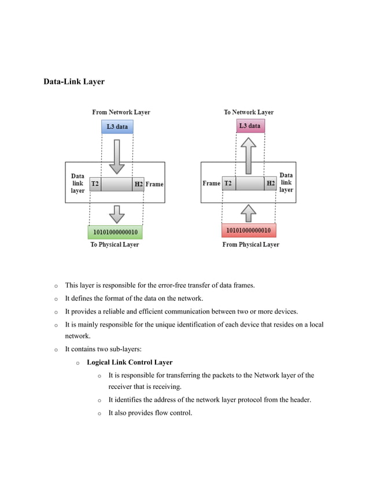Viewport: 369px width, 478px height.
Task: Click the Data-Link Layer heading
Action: point(74,82)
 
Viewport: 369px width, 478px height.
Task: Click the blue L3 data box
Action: point(117,126)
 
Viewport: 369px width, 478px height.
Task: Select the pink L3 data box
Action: point(250,126)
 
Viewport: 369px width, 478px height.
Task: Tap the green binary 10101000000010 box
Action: point(115,232)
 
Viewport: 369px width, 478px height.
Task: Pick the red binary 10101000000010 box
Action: point(248,230)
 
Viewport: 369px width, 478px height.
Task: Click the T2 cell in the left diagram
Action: point(95,184)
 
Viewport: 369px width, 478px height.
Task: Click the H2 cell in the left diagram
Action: point(138,184)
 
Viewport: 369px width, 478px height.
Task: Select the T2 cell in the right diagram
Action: point(228,183)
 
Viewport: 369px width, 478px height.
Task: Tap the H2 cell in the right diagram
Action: point(271,183)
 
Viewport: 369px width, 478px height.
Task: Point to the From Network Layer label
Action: point(121,112)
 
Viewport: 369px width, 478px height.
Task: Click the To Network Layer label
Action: point(249,112)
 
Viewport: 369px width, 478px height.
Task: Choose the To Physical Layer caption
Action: point(115,245)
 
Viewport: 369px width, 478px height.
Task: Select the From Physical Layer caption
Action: point(250,245)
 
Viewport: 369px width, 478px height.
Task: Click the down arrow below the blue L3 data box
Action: point(117,156)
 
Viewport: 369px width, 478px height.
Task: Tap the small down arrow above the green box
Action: point(117,214)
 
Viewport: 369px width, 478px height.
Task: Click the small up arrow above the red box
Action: point(248,212)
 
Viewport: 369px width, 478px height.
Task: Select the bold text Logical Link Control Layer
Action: point(130,362)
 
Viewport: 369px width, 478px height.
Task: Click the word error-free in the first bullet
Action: point(180,285)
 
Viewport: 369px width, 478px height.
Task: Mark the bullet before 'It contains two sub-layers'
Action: point(56,350)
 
